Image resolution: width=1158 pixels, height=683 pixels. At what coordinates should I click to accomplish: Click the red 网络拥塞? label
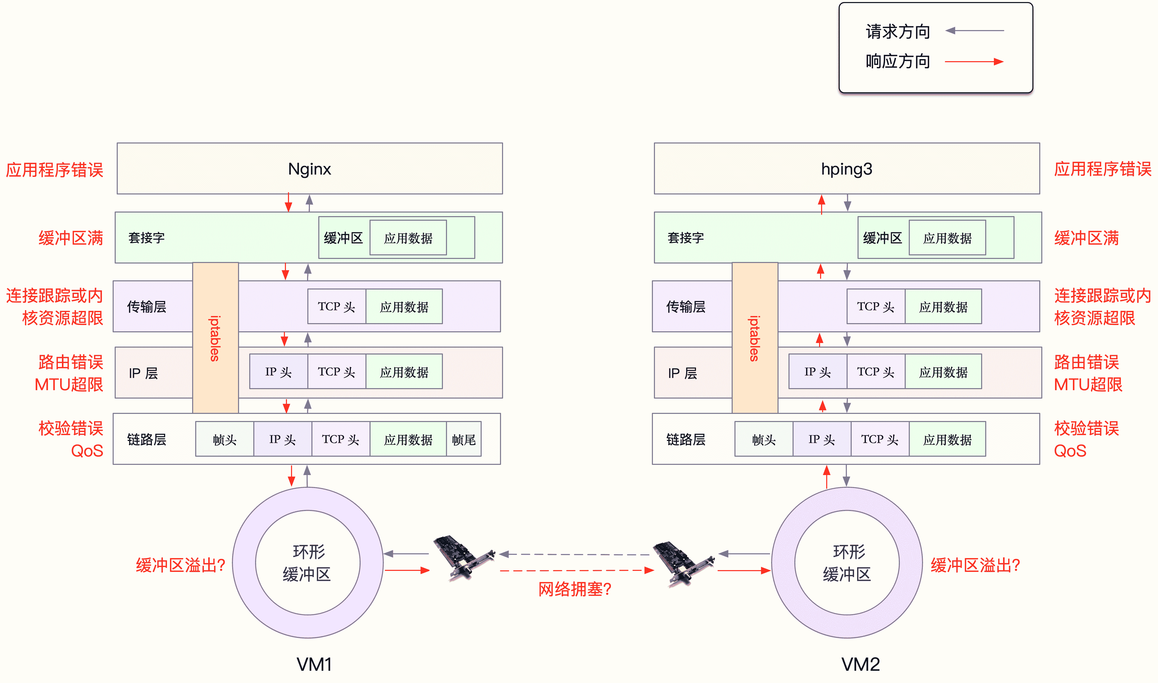(x=575, y=589)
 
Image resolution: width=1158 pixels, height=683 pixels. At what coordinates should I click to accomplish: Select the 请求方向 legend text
(x=898, y=31)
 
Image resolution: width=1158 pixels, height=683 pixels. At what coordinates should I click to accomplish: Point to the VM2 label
(x=860, y=664)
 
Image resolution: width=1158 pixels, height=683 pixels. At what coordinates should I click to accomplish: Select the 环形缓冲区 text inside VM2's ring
(x=847, y=562)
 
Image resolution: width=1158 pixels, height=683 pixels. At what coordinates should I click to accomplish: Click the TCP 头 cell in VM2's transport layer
(x=876, y=307)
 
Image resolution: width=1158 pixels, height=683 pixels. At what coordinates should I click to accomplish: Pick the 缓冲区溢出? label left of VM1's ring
(x=180, y=565)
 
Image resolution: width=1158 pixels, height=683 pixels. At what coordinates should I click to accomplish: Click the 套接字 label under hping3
(x=686, y=238)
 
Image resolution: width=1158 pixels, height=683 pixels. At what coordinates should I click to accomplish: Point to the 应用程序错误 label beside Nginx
(x=54, y=170)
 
